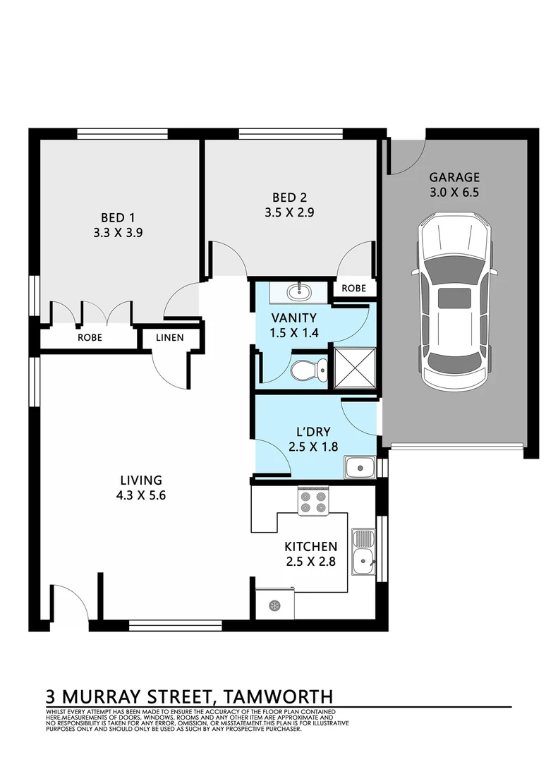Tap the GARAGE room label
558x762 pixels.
[x=454, y=177]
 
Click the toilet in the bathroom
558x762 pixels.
[x=310, y=368]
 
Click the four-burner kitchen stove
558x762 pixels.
[x=313, y=501]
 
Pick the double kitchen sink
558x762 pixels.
[x=364, y=552]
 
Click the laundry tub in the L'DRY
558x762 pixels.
[x=359, y=466]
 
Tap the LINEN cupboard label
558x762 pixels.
[x=169, y=338]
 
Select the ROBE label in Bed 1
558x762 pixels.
[x=90, y=338]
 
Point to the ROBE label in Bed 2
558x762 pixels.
[x=353, y=289]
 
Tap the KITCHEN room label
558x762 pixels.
[x=310, y=546]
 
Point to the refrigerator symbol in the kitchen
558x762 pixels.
[x=274, y=604]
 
